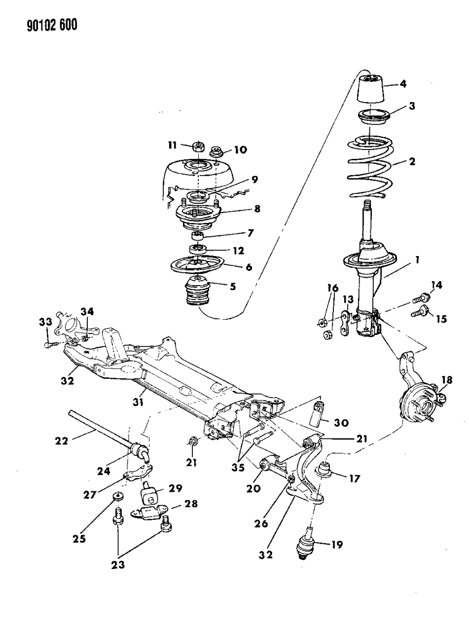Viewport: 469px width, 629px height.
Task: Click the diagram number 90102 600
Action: pos(52,25)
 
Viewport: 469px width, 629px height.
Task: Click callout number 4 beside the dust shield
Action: pos(402,84)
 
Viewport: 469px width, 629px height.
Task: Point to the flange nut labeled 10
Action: pos(216,151)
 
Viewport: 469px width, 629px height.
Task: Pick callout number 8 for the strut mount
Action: pos(257,208)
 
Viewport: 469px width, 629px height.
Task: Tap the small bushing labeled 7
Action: pos(197,236)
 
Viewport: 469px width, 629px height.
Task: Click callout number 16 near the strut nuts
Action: pos(333,288)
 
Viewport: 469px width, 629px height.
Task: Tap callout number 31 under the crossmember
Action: pos(138,403)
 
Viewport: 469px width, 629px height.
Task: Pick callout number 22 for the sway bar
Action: pos(62,441)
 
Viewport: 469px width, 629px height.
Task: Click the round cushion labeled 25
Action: pos(117,495)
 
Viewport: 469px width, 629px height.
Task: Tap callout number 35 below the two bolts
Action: pos(238,468)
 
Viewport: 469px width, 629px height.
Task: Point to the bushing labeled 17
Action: pos(324,469)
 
